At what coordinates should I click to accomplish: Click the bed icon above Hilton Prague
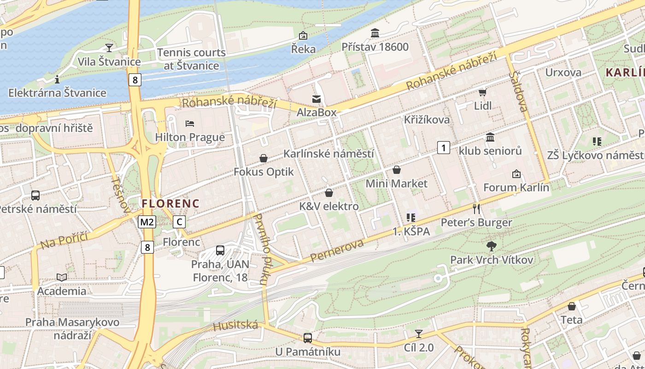click(190, 123)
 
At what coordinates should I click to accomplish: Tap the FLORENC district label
click(170, 203)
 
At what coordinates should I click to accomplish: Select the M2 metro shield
click(147, 222)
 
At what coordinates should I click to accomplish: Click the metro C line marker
click(179, 222)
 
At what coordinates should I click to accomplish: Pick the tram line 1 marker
click(443, 148)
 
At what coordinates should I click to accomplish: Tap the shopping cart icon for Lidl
click(482, 93)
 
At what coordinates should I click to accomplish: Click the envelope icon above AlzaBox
click(317, 99)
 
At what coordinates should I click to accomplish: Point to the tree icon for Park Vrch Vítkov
click(492, 246)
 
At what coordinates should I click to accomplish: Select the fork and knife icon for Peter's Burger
click(476, 209)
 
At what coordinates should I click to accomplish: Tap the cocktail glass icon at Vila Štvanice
click(109, 48)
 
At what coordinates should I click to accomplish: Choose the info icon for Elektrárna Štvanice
click(57, 79)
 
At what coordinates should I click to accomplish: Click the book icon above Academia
click(62, 277)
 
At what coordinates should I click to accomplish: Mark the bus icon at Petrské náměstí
click(35, 196)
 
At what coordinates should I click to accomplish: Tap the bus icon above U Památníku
click(307, 338)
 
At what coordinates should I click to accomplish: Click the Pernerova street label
click(337, 251)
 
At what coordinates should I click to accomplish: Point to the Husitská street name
click(235, 326)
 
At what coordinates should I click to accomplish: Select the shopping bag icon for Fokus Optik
click(264, 158)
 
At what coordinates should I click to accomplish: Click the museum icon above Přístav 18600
click(375, 33)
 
